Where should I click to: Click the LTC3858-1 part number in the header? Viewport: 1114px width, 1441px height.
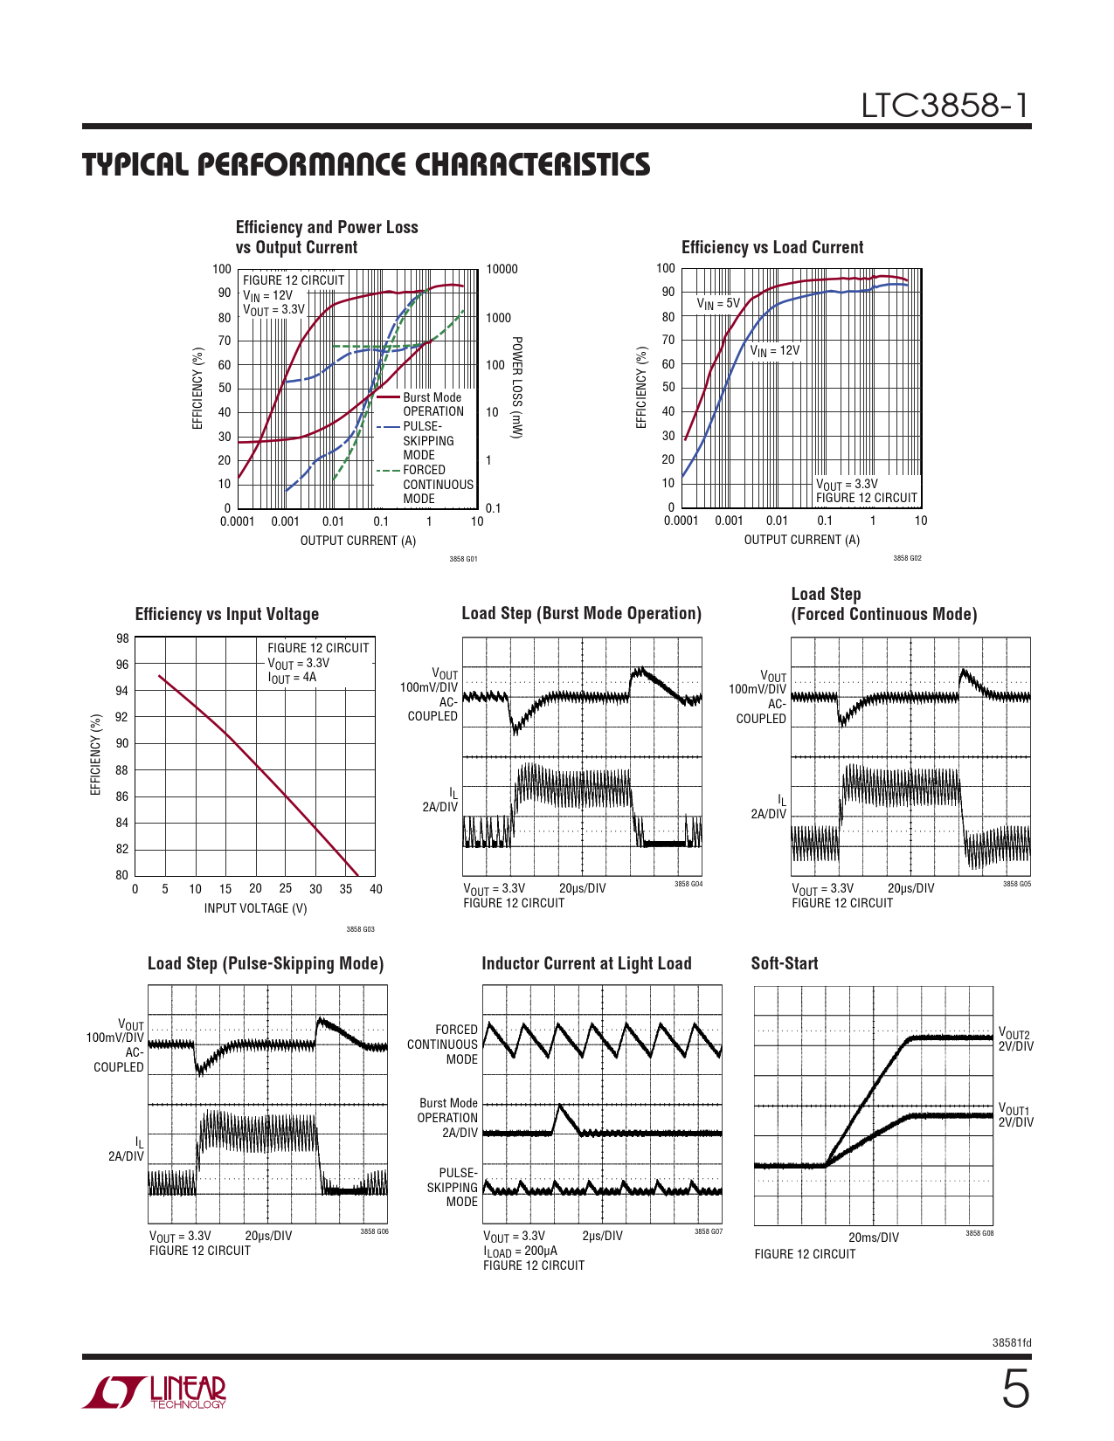[945, 106]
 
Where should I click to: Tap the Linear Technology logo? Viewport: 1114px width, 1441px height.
[155, 1392]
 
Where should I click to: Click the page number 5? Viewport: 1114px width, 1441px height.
[1014, 1389]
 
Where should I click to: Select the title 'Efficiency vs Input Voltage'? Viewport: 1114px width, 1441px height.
[227, 614]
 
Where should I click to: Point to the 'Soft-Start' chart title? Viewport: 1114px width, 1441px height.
[785, 963]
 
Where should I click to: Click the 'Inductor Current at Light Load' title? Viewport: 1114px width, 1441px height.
[586, 963]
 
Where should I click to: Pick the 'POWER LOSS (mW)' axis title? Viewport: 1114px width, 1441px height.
[516, 388]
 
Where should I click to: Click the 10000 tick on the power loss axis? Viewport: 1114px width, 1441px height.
[502, 269]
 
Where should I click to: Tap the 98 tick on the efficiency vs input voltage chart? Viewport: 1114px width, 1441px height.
[122, 638]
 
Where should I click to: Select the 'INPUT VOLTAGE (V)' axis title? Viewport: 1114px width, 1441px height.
[255, 908]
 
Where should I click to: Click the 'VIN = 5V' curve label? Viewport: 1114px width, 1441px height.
[718, 304]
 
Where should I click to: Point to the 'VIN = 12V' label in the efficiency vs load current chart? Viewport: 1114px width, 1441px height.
[774, 350]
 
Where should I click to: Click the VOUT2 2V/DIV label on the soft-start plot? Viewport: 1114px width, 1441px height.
[1015, 1040]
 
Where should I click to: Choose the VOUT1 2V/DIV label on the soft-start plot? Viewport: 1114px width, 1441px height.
[1015, 1115]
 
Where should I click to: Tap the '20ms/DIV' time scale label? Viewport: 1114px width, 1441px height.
[873, 1238]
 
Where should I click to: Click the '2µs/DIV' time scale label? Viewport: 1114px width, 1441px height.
[602, 1236]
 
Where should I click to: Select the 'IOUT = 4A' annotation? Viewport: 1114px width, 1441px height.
[292, 678]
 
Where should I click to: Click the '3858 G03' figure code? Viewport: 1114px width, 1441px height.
[360, 929]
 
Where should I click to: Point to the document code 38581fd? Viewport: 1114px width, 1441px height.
[1012, 1342]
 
